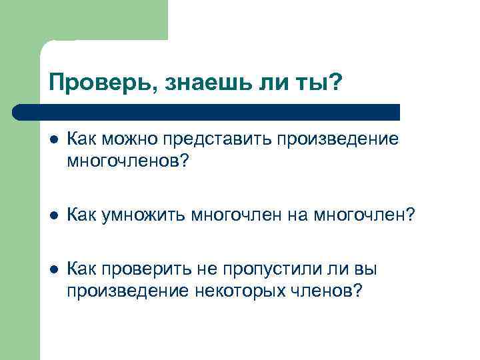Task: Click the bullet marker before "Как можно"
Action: click(x=53, y=140)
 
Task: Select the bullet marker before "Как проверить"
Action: click(x=53, y=270)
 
